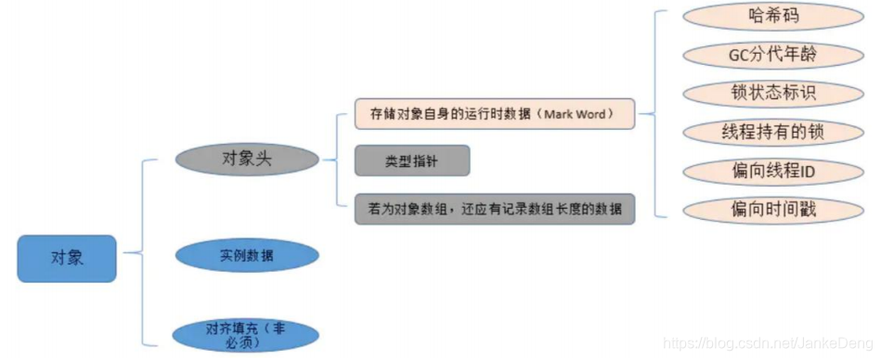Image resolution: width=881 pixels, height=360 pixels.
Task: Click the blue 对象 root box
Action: pyautogui.click(x=67, y=258)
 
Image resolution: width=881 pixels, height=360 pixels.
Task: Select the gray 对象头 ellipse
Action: pyautogui.click(x=246, y=157)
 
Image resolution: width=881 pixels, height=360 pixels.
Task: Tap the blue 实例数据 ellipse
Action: pyautogui.click(x=246, y=255)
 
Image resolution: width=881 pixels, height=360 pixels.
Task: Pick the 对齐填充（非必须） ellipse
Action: pyautogui.click(x=246, y=334)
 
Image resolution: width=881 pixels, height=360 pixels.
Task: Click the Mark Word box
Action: pyautogui.click(x=495, y=114)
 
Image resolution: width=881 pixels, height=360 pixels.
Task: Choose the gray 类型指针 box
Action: pyautogui.click(x=411, y=161)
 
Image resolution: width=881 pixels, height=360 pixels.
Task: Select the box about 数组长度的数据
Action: pyautogui.click(x=495, y=209)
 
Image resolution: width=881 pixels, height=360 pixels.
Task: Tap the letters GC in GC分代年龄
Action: pyautogui.click(x=740, y=55)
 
